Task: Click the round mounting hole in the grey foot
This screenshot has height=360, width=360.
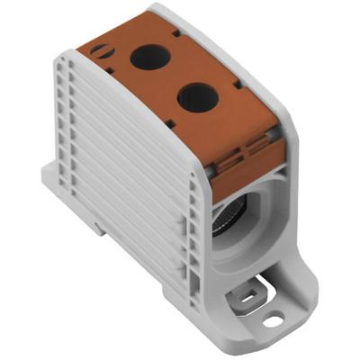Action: tap(273, 317)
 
